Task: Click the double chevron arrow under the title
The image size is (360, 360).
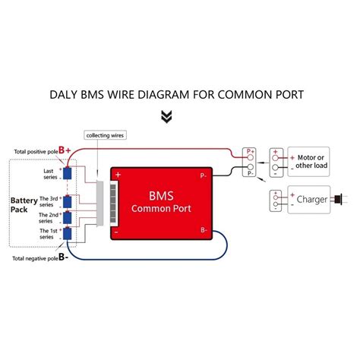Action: (166, 116)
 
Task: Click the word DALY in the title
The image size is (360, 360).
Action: (67, 96)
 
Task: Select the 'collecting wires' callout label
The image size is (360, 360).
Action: (105, 134)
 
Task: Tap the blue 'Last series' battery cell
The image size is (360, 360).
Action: (68, 173)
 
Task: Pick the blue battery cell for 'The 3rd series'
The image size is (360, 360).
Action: (68, 201)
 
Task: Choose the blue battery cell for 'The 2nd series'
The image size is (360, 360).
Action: (68, 218)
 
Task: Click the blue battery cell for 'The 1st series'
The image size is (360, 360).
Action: (68, 234)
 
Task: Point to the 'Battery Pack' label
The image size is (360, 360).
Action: (24, 207)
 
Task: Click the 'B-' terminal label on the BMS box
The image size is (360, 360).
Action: (203, 229)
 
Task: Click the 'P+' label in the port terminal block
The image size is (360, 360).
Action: (250, 151)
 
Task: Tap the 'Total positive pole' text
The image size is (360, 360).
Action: (34, 151)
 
